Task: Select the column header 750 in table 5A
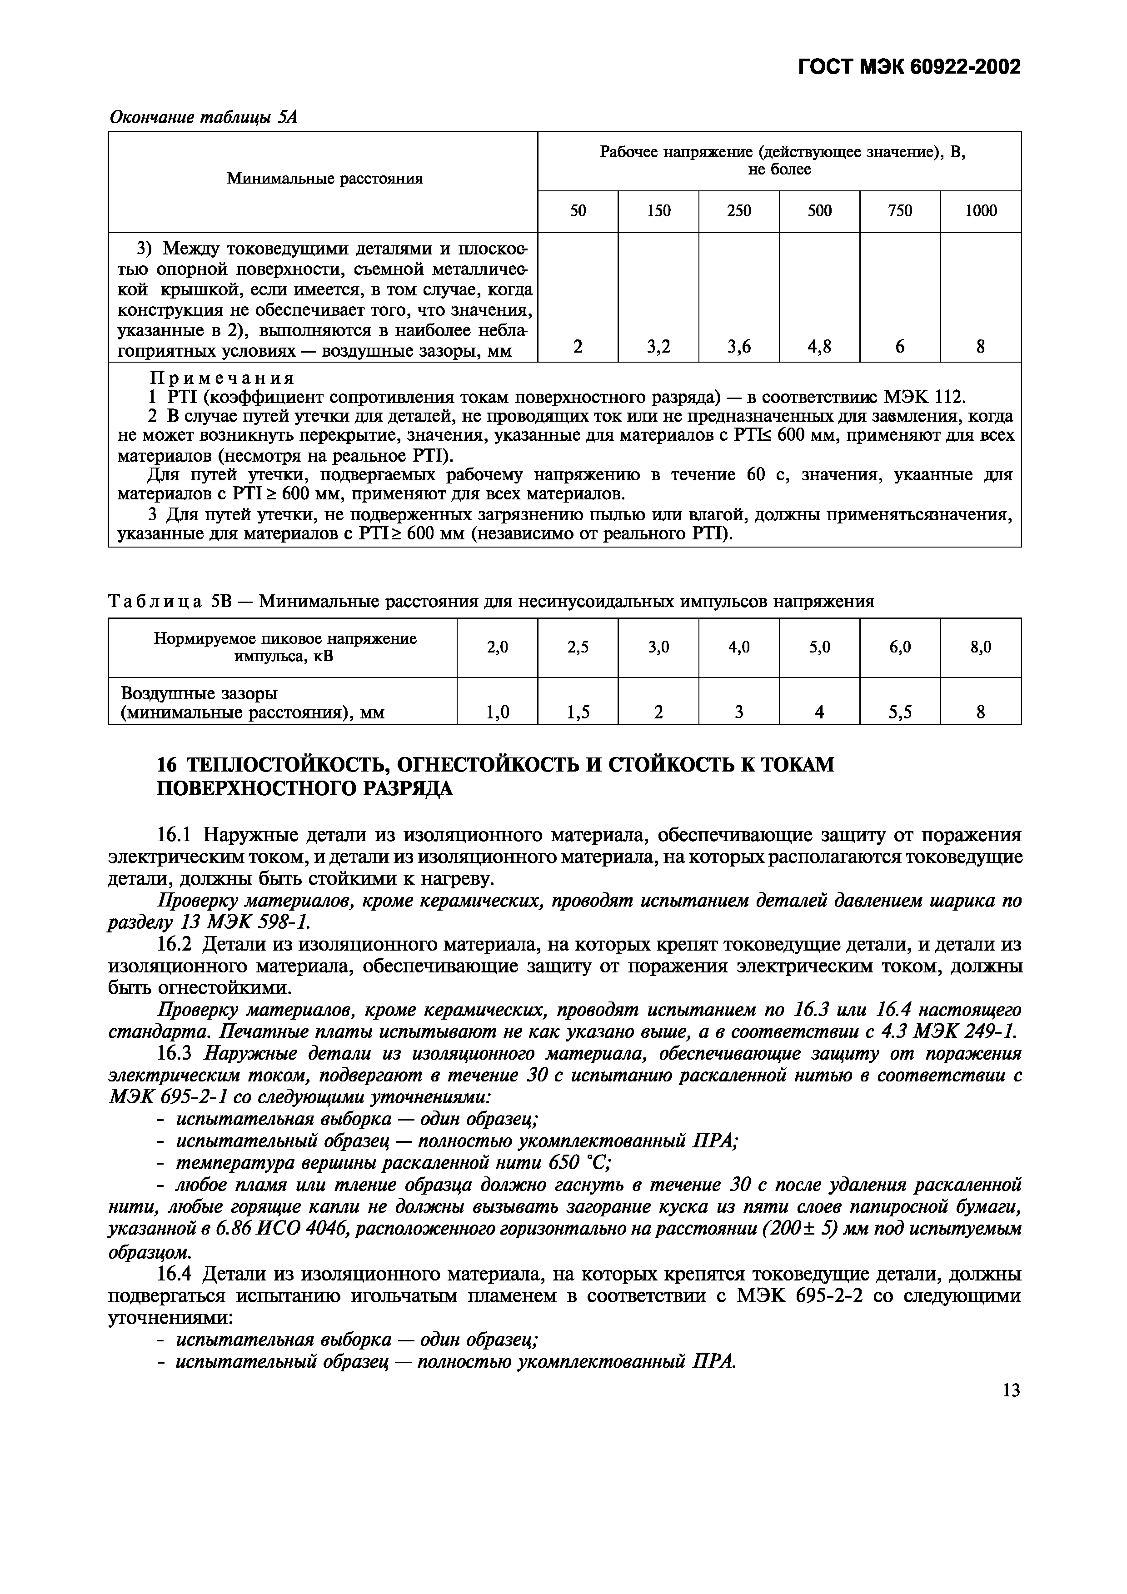click(x=899, y=211)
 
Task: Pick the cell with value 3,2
click(x=658, y=346)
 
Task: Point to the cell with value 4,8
click(x=819, y=346)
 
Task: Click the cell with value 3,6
click(x=739, y=346)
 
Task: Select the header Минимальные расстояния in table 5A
click(x=324, y=179)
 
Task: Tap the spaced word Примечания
click(x=223, y=379)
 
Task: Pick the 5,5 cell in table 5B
click(x=899, y=712)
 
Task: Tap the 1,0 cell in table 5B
click(x=497, y=712)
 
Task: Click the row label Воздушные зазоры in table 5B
click(x=199, y=693)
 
